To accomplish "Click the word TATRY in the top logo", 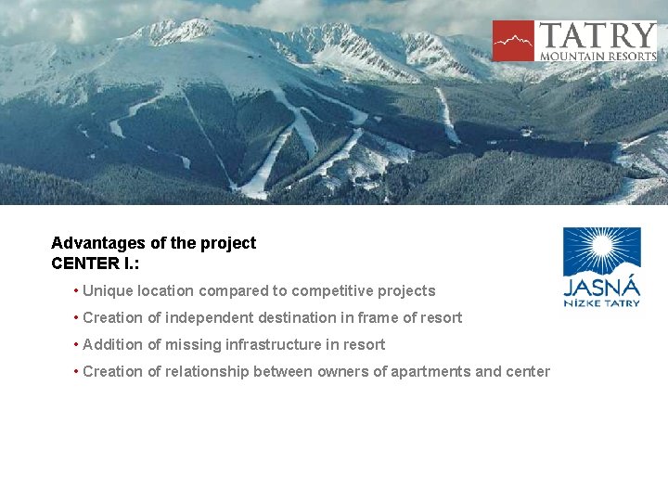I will pyautogui.click(x=597, y=36).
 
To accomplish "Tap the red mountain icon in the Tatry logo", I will pyautogui.click(x=513, y=41).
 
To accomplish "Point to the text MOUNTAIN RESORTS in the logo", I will pyautogui.click(x=597, y=56).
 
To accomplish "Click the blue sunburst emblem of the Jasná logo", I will pyautogui.click(x=601, y=251).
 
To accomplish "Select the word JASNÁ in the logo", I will pyautogui.click(x=601, y=287).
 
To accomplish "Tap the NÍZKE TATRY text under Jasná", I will pyautogui.click(x=601, y=302).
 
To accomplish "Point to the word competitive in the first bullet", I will pyautogui.click(x=328, y=290).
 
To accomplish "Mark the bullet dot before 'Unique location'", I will pyautogui.click(x=75, y=291).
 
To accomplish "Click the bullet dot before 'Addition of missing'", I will pyautogui.click(x=75, y=345).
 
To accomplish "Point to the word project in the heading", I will pyautogui.click(x=227, y=243).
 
